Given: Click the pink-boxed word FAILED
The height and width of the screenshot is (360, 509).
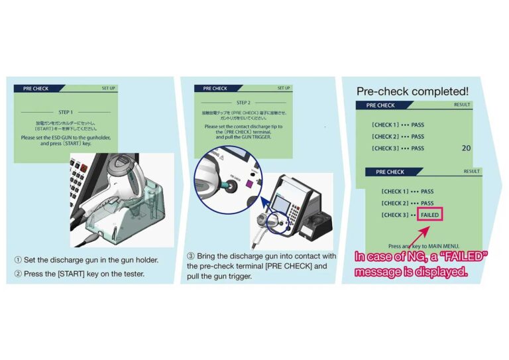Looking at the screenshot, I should (x=430, y=215).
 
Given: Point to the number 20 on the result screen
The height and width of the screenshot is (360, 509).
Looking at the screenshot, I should (x=466, y=148).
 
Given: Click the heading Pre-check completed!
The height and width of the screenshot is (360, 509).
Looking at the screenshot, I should (x=412, y=91).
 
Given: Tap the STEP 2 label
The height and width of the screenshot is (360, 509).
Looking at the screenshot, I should (x=243, y=103).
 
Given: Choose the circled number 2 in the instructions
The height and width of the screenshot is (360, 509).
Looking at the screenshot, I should (x=18, y=273).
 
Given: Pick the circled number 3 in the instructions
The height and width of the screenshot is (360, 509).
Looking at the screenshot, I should (x=191, y=256).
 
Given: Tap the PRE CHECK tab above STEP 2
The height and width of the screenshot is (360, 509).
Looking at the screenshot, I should (x=215, y=88).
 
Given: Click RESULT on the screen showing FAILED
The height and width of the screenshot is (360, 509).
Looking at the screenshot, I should (x=471, y=172).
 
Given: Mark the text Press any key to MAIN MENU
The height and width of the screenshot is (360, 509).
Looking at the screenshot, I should (x=424, y=245).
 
